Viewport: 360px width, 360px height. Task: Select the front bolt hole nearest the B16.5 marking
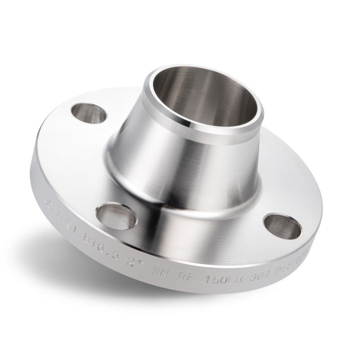117,214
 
